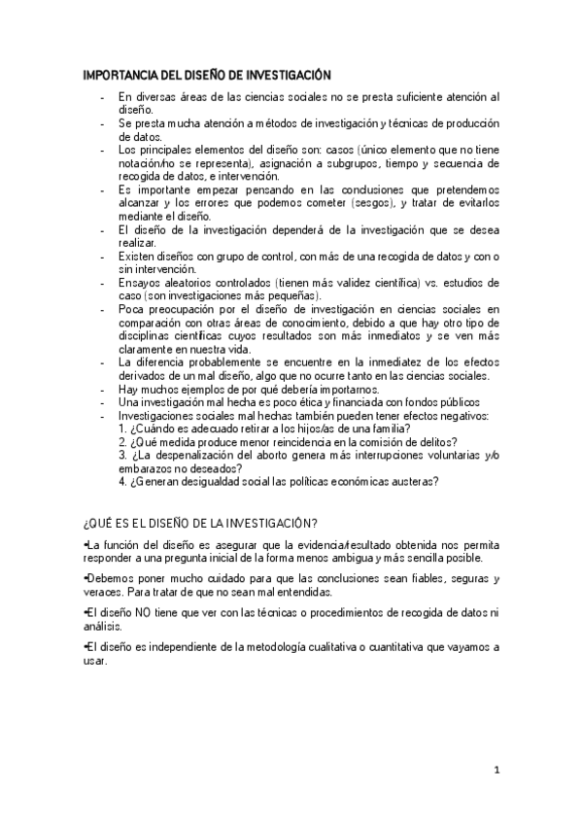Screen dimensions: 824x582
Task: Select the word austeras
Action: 410,480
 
